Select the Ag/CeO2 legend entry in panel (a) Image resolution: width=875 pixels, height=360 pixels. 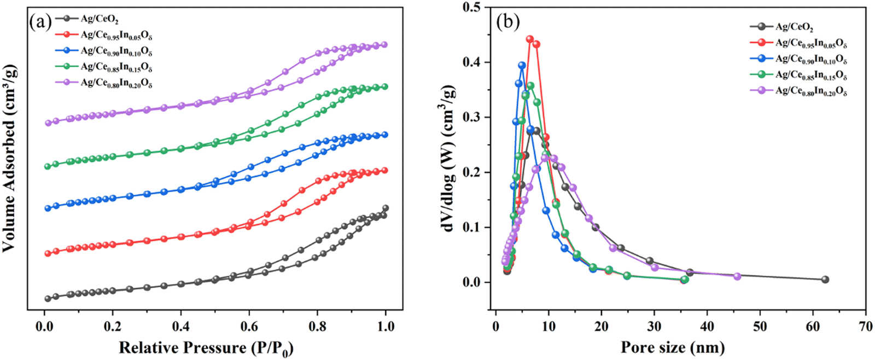(100, 19)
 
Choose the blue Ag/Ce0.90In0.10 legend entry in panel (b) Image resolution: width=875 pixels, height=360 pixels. (811, 59)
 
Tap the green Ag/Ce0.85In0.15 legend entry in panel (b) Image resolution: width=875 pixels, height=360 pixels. (811, 74)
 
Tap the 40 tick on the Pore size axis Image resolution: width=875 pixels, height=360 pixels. (707, 327)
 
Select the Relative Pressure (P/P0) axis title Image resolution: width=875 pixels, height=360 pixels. (206, 348)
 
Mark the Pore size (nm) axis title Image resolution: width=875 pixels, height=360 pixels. (673, 347)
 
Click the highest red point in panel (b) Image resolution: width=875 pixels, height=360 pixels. (529, 39)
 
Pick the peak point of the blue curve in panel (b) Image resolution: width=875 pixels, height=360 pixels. (522, 65)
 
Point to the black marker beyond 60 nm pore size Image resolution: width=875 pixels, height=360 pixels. (825, 280)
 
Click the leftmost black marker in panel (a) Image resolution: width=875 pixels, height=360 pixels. (48, 299)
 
